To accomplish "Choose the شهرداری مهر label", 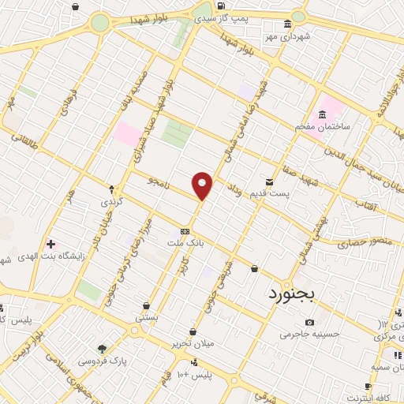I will point(288,36).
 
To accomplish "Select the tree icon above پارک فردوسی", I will point(102,348).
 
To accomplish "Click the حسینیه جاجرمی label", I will point(309,334).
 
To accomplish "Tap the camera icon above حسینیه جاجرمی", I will point(309,322).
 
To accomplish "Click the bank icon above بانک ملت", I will point(185,231).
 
